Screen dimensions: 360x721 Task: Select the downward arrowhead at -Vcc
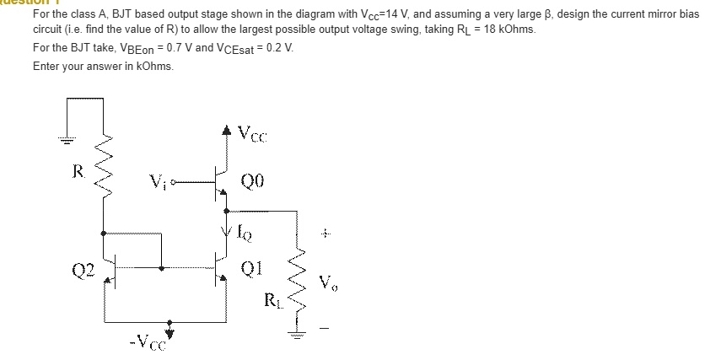[171, 324]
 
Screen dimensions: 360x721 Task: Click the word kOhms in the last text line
[153, 67]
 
